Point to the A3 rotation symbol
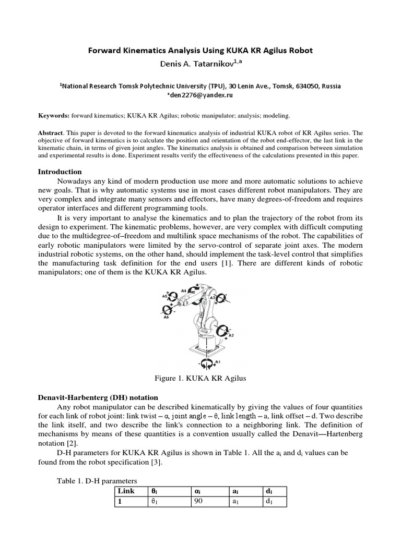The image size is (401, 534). click(x=222, y=300)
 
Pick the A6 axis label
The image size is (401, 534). click(x=166, y=317)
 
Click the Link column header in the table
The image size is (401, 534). click(x=126, y=491)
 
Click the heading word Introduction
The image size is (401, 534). click(x=60, y=172)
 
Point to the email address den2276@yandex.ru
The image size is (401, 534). click(x=200, y=96)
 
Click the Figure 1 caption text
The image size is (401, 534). click(x=200, y=378)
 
